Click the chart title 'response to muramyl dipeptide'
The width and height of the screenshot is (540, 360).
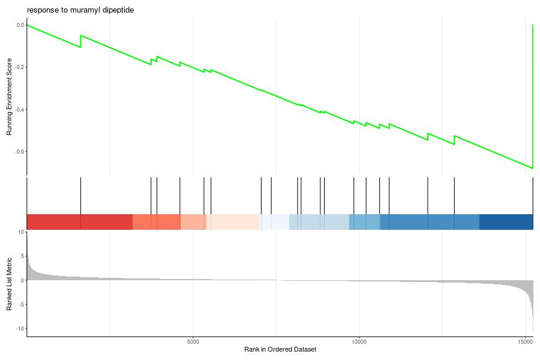80,10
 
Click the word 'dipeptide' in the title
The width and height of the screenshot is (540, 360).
118,10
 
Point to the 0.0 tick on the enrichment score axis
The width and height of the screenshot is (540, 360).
20,25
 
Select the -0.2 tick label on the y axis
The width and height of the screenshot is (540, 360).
20,67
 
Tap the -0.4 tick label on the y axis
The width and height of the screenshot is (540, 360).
20,110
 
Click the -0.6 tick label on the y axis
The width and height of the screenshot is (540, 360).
20,152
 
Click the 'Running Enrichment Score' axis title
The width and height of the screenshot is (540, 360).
9,97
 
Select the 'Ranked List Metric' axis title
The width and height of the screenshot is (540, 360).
9,284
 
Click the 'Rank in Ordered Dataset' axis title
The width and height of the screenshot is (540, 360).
280,349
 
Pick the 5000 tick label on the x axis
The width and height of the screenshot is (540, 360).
193,342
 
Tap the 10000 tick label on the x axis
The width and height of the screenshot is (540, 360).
359,342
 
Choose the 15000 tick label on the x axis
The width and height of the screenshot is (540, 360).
525,342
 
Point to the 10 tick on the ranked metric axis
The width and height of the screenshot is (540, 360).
22,232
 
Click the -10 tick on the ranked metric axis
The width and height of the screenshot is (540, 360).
20,329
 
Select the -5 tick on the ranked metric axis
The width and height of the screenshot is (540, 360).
21,305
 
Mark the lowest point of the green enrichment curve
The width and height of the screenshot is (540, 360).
533,168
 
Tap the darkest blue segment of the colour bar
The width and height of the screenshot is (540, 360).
506,222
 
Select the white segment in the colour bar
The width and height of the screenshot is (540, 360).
274,222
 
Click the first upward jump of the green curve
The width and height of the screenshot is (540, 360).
80,41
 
